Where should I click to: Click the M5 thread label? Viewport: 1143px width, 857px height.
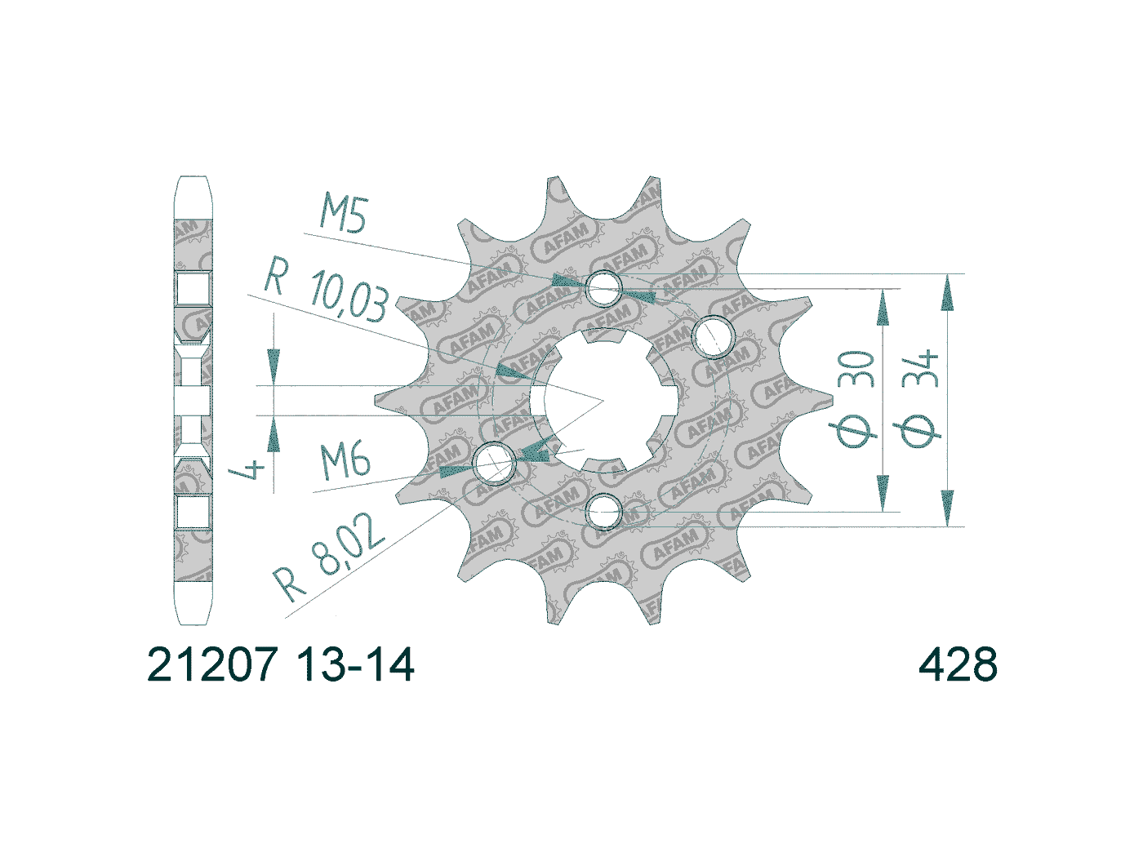[344, 215]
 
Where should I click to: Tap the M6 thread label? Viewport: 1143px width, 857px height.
[345, 460]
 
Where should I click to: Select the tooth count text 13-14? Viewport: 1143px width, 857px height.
[356, 665]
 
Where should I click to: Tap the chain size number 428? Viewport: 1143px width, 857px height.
[958, 665]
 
